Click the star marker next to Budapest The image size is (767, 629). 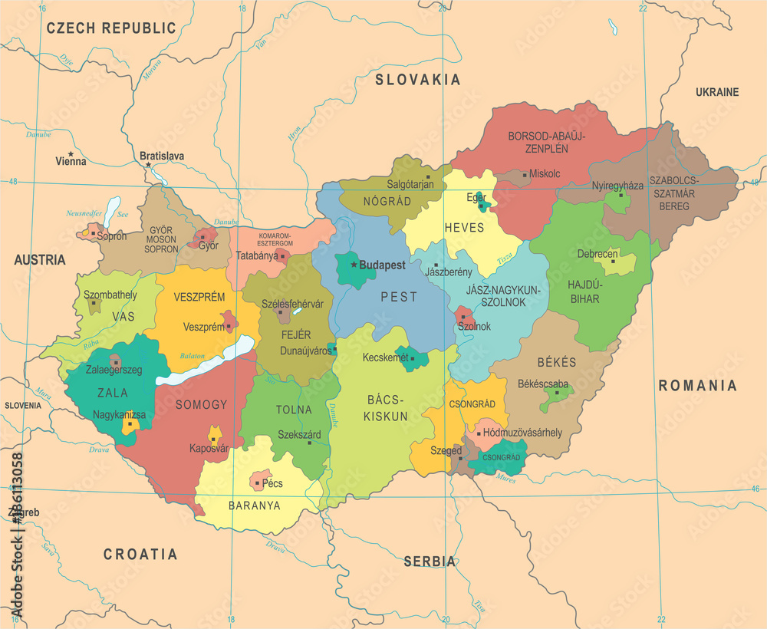tap(354, 265)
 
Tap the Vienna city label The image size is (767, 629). tap(71, 162)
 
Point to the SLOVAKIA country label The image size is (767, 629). tap(417, 80)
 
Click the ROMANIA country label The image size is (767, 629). tap(697, 386)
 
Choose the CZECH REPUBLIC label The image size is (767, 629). tap(111, 28)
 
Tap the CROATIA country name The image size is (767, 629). tap(140, 554)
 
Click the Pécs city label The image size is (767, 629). tap(272, 483)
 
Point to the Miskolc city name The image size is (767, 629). tap(545, 174)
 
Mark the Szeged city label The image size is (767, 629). tap(446, 451)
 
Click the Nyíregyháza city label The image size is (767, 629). tap(617, 186)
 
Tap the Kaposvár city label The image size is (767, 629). tap(209, 449)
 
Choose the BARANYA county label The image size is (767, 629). tap(255, 506)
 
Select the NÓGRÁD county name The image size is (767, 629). tap(388, 201)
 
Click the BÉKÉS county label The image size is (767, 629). tap(557, 362)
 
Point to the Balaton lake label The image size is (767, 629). tap(192, 356)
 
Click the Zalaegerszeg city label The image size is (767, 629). tap(114, 370)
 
